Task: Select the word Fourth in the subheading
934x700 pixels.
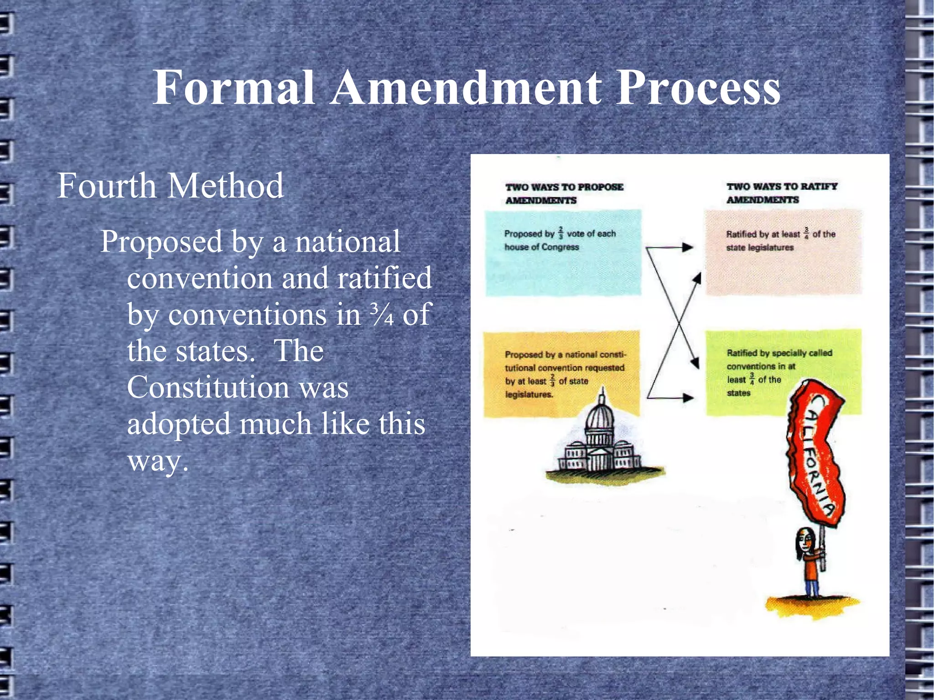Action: pyautogui.click(x=107, y=186)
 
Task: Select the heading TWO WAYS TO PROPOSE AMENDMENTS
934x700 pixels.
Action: pyautogui.click(x=564, y=193)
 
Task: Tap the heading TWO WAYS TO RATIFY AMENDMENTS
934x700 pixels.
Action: pyautogui.click(x=782, y=193)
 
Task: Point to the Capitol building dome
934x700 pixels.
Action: pyautogui.click(x=601, y=417)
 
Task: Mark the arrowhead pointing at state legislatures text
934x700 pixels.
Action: pyautogui.click(x=687, y=248)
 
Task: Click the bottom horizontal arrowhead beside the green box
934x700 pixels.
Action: pyautogui.click(x=687, y=397)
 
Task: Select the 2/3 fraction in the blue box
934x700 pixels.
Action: pyautogui.click(x=560, y=233)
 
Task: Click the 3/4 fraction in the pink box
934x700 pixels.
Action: pyautogui.click(x=806, y=233)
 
